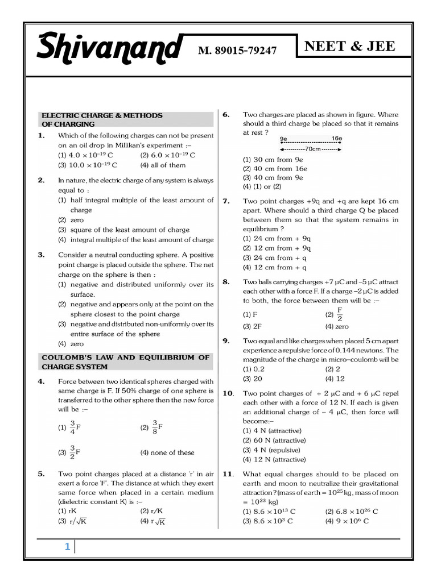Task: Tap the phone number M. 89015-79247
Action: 237,51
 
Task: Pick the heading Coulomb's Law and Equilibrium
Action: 125,362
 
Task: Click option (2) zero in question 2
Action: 71,220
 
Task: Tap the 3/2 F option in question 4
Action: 69,452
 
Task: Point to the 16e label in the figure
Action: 336,139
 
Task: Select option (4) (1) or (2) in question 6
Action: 262,186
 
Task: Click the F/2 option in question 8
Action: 335,314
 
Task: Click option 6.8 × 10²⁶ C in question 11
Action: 351,511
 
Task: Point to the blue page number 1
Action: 67,547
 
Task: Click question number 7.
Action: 226,201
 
